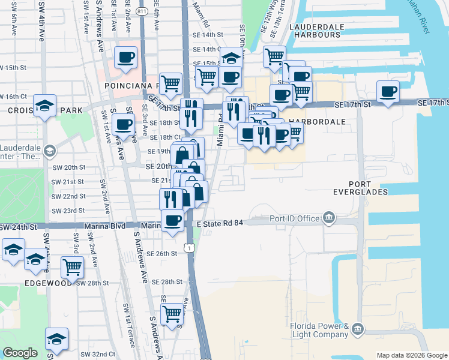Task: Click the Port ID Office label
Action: (x=294, y=218)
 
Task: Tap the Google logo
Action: (x=20, y=353)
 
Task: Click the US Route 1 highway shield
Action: (x=190, y=248)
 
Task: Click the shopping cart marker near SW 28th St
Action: (x=72, y=266)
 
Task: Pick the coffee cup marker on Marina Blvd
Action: (x=173, y=220)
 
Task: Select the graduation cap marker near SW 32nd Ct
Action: (x=57, y=339)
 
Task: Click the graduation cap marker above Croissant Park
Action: (x=45, y=106)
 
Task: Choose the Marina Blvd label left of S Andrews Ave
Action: (x=109, y=226)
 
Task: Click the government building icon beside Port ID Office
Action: (x=329, y=217)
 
